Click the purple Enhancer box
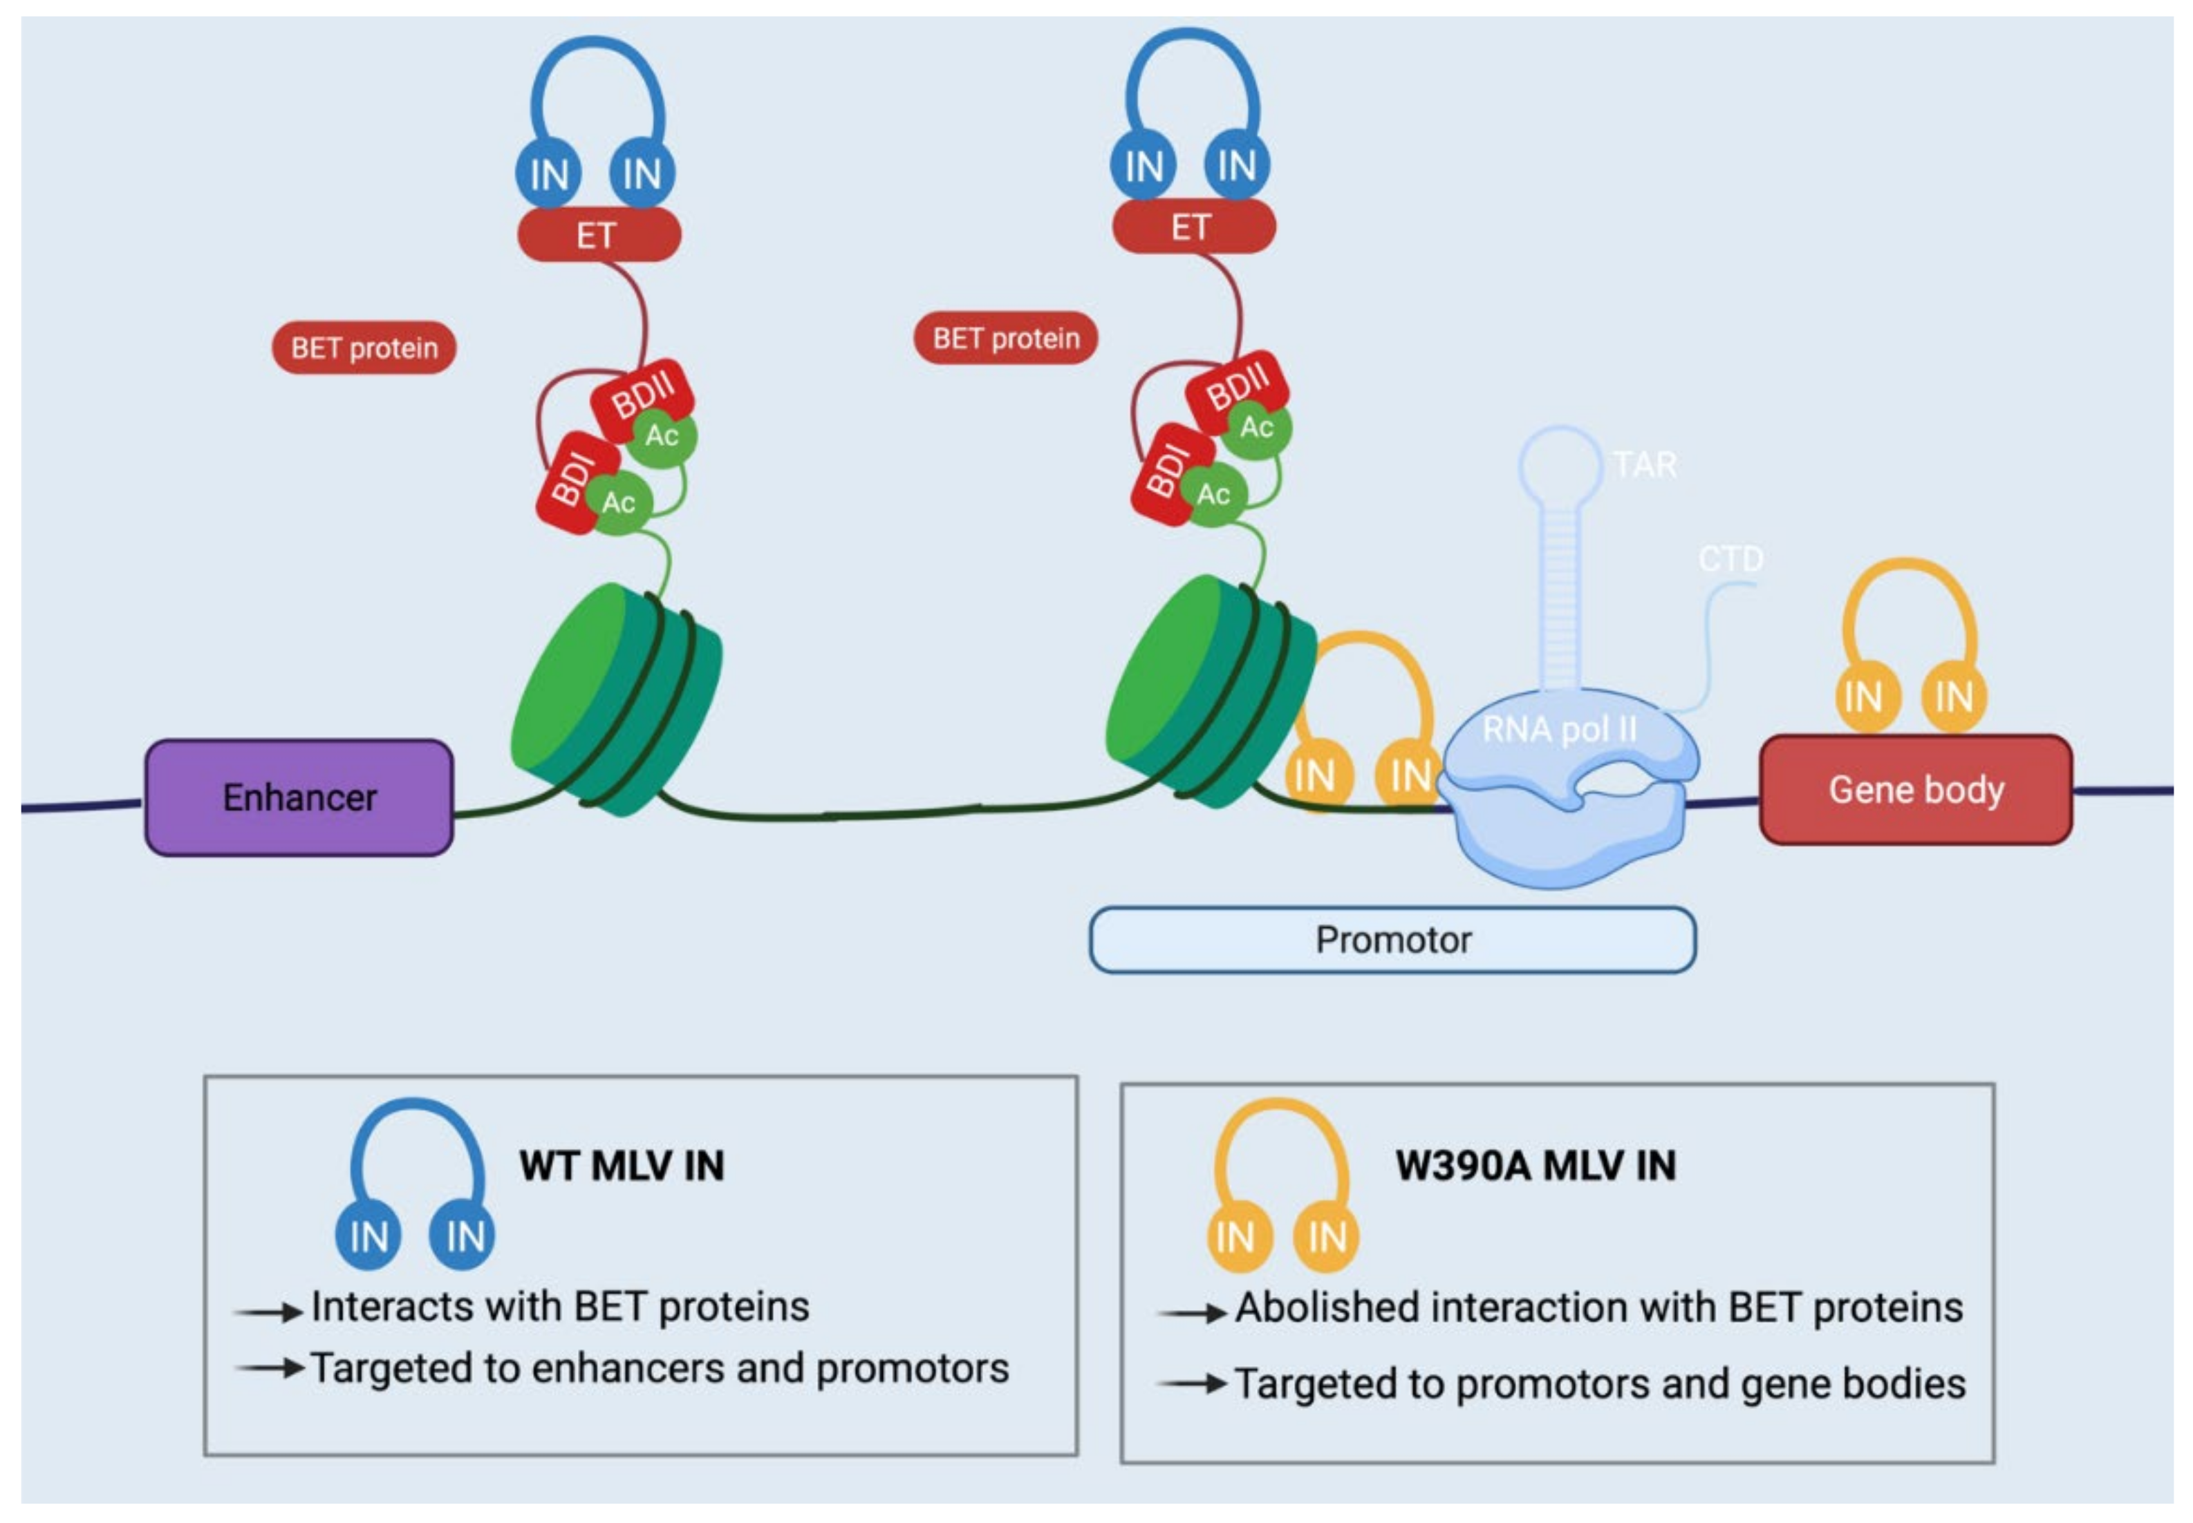pyautogui.click(x=299, y=797)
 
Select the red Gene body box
pyautogui.click(x=1915, y=790)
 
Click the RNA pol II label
pyautogui.click(x=1558, y=730)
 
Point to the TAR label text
pyautogui.click(x=1644, y=465)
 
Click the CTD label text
pyautogui.click(x=1730, y=558)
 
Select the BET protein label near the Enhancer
pyautogui.click(x=364, y=348)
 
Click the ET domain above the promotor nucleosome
pyautogui.click(x=1193, y=227)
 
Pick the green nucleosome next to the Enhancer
pyautogui.click(x=616, y=701)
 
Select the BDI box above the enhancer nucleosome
pyautogui.click(x=571, y=480)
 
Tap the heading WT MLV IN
pyautogui.click(x=622, y=1165)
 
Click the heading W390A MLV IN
pyautogui.click(x=1536, y=1165)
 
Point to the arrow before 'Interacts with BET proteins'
pyautogui.click(x=268, y=1313)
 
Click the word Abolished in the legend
pyautogui.click(x=1326, y=1307)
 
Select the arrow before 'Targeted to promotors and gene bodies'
pyautogui.click(x=1191, y=1383)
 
